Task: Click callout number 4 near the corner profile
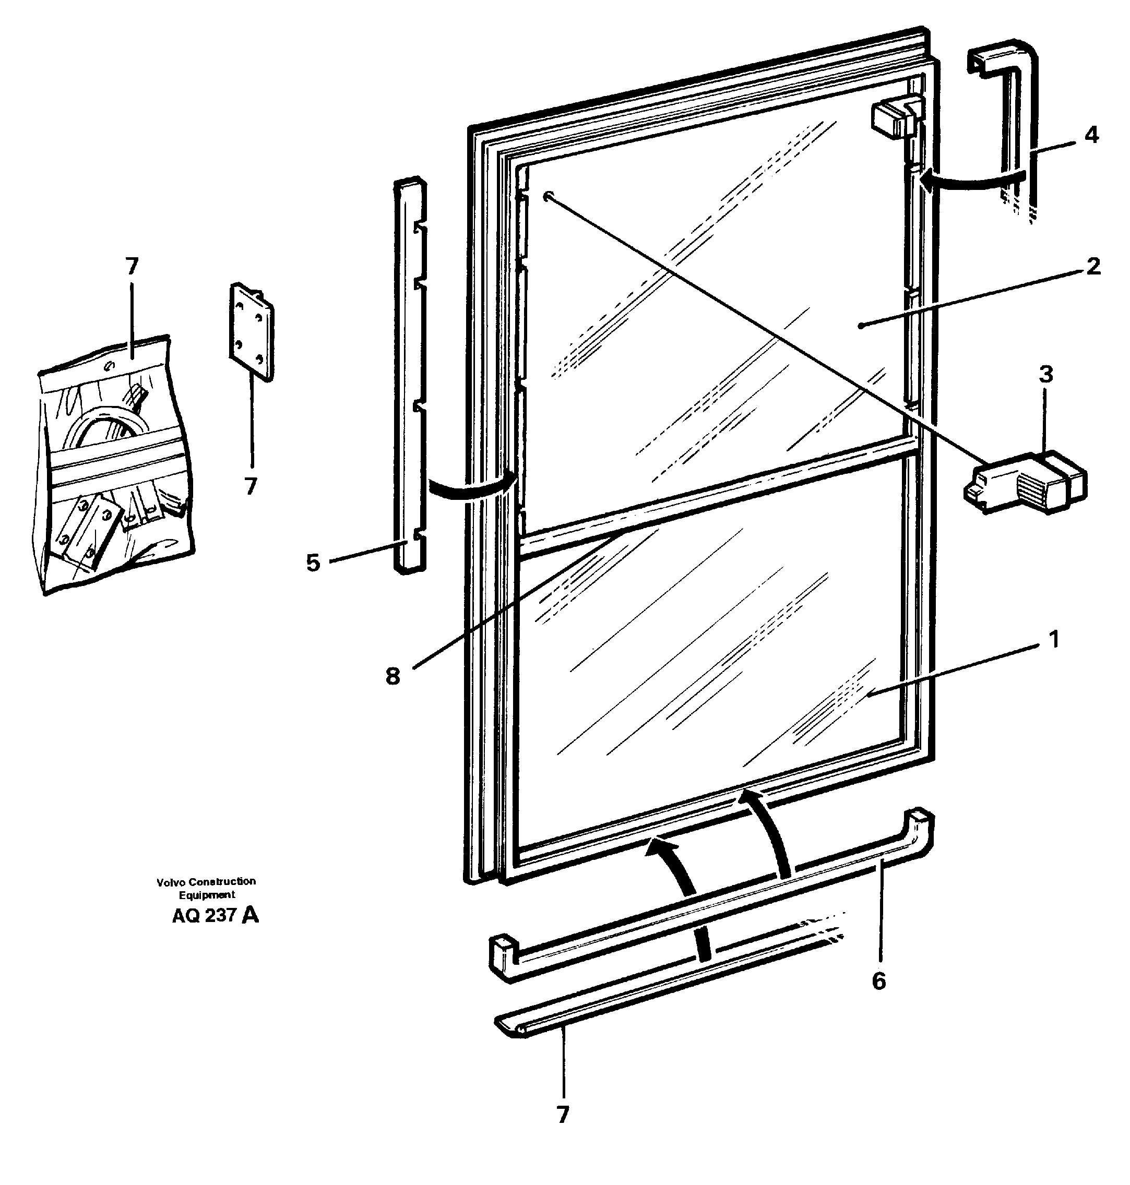[1091, 135]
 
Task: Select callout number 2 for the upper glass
[1093, 266]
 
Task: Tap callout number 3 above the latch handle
[1046, 375]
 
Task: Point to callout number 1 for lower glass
[1053, 639]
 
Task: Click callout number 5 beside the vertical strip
[313, 563]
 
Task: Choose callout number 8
[392, 676]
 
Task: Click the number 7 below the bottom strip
[563, 1115]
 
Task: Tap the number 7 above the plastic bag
[132, 266]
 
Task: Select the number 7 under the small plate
[251, 486]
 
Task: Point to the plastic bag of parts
[114, 464]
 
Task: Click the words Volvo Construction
[206, 881]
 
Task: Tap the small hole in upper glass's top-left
[547, 196]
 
